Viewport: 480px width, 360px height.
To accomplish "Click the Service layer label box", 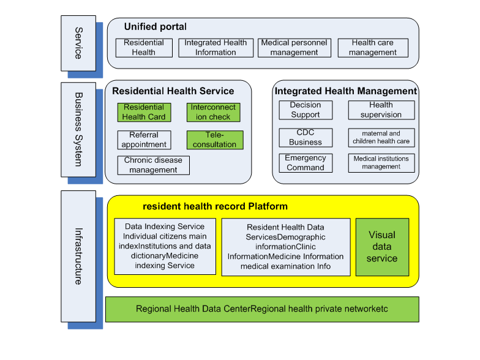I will pos(78,43).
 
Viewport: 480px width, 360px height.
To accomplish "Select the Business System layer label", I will pos(78,129).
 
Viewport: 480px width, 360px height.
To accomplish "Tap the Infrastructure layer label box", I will pos(78,255).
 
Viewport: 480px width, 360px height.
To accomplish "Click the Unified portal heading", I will pos(156,27).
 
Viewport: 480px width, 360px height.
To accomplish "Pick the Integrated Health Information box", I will pos(215,48).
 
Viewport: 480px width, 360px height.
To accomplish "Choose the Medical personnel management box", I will pos(294,48).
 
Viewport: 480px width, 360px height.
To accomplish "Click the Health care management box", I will pos(373,48).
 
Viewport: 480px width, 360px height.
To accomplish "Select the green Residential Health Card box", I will pos(144,112).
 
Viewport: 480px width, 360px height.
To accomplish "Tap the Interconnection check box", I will pos(214,112).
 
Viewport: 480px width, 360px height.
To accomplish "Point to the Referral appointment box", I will pos(144,140).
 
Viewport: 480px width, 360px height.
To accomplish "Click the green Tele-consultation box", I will pos(214,140).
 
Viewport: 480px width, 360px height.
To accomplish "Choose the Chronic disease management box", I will pos(153,165).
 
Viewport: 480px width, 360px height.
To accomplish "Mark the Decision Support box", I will pos(306,110).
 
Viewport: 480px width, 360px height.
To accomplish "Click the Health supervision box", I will pos(381,110).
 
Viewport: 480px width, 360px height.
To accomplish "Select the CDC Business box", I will pos(306,138).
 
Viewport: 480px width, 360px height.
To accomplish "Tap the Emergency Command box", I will pos(306,163).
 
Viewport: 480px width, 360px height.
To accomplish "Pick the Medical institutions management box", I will pos(381,163).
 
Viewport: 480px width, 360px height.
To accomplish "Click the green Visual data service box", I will pos(382,247).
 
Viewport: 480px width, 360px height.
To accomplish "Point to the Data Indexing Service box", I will pos(165,247).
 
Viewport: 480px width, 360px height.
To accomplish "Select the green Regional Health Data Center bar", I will pos(262,309).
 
